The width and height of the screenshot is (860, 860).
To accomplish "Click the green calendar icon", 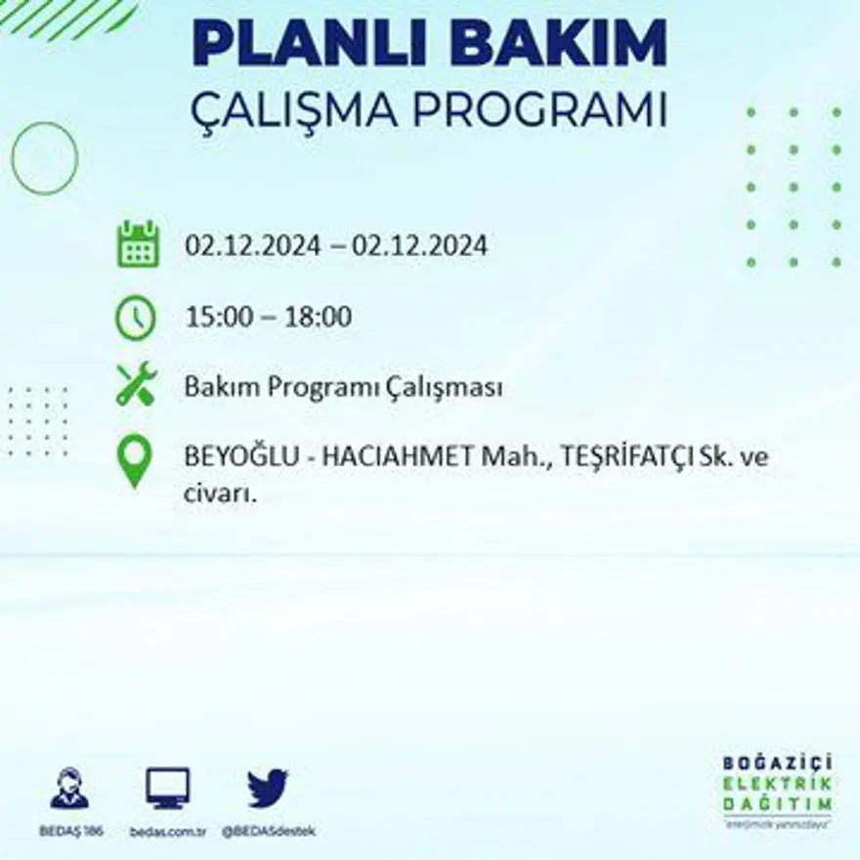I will click(x=138, y=244).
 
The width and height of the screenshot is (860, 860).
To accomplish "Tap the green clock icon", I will click(x=136, y=318).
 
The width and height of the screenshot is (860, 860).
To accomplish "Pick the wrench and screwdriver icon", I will click(x=136, y=384).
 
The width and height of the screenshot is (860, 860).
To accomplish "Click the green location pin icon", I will click(x=135, y=460).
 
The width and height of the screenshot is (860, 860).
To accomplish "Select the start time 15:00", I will click(x=213, y=317).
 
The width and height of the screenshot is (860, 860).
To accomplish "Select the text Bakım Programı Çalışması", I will click(x=343, y=388).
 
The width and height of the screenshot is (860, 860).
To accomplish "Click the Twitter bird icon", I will click(x=267, y=788).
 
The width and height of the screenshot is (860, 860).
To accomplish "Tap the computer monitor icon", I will click(x=167, y=788).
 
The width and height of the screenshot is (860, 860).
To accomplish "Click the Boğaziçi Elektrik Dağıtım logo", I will click(x=778, y=790).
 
